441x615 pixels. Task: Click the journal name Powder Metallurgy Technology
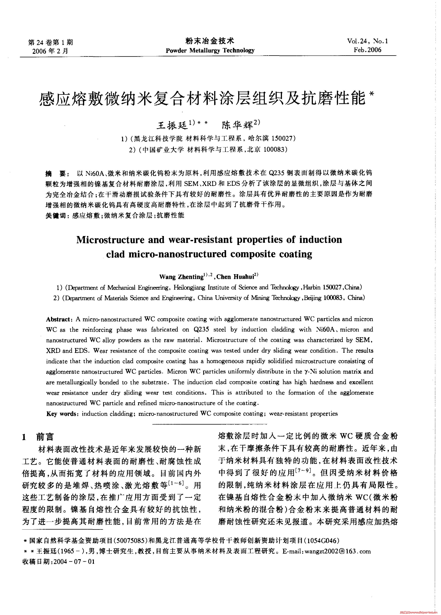click(x=210, y=50)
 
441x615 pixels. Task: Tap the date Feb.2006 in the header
click(x=367, y=50)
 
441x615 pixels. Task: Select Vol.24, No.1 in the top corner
click(x=367, y=41)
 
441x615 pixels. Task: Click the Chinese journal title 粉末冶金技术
click(x=210, y=41)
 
